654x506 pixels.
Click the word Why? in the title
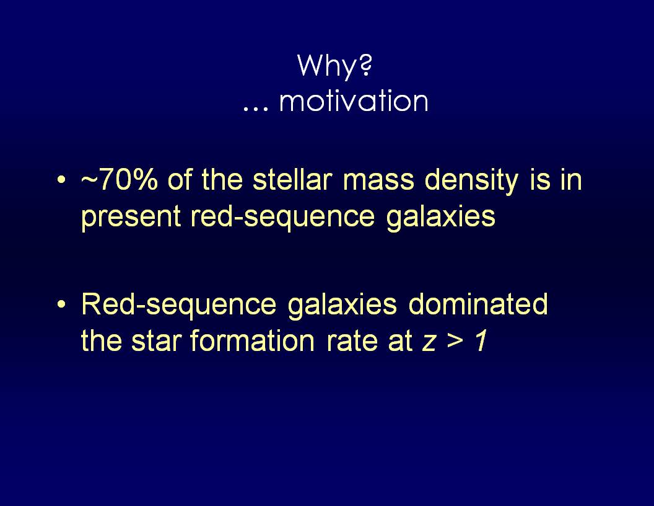[x=334, y=66]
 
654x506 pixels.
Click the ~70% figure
[x=120, y=180]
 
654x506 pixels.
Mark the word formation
[x=252, y=340]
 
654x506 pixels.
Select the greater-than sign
[x=455, y=342]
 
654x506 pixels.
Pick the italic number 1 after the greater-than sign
[x=481, y=340]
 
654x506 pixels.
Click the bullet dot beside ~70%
[x=61, y=180]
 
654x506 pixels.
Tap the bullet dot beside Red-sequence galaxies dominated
[x=61, y=304]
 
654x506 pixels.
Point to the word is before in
[x=539, y=180]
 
